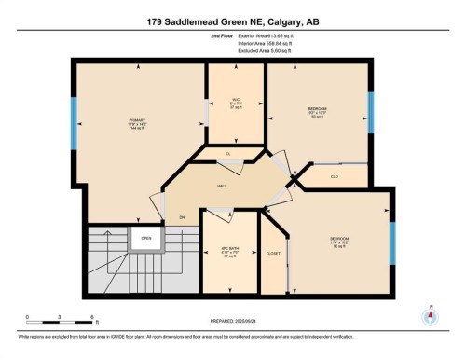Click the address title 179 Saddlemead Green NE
point(232,21)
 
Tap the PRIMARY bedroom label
point(138,120)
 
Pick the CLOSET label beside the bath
point(273,253)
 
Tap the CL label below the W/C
point(228,153)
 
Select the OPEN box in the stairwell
point(146,238)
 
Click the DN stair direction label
point(182,217)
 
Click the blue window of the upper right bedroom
point(371,112)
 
